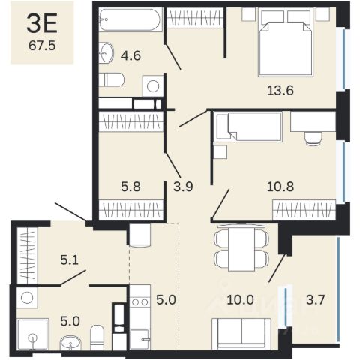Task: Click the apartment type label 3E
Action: click(x=42, y=23)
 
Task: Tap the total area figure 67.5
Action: click(x=42, y=46)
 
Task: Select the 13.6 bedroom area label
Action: click(x=280, y=90)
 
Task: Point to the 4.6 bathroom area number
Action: click(x=130, y=55)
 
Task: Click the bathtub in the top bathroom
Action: click(x=130, y=19)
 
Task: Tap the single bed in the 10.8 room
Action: click(x=250, y=127)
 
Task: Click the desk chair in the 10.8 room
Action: click(x=313, y=139)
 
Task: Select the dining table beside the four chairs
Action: click(x=241, y=248)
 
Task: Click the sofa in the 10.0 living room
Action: click(x=241, y=334)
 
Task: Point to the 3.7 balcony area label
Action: click(x=315, y=299)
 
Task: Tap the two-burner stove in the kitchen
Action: click(x=140, y=302)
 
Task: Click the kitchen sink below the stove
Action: click(x=140, y=339)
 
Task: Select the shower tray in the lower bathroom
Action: click(x=33, y=334)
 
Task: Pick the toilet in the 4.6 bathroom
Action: click(x=112, y=79)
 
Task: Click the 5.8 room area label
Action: click(x=130, y=187)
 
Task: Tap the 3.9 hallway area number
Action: click(x=183, y=187)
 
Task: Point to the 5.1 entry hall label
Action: click(x=70, y=260)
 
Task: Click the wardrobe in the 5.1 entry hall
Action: click(x=28, y=256)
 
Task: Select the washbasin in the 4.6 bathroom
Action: click(x=106, y=52)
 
